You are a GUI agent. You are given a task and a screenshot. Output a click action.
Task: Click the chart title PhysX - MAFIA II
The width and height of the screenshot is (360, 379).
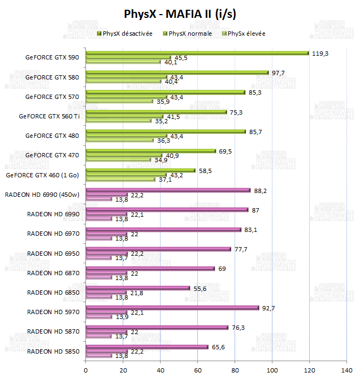click(180, 12)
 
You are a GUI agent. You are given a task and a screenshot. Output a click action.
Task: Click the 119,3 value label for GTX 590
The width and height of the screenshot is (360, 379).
click(321, 54)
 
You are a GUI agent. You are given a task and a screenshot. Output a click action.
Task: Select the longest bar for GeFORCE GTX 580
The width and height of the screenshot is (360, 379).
click(177, 72)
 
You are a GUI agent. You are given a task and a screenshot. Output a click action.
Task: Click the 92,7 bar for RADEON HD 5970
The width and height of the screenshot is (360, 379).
click(172, 308)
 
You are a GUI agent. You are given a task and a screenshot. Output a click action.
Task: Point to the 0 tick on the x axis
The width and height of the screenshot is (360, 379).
click(86, 370)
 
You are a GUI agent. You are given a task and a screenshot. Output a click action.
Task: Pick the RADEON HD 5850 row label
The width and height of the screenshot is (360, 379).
click(53, 351)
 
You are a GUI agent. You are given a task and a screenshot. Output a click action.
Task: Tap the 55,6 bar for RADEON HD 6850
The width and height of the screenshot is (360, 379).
click(138, 288)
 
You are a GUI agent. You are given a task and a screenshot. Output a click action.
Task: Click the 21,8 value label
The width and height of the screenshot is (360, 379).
click(138, 292)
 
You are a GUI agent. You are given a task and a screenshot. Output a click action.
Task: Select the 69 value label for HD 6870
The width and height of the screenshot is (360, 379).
click(222, 269)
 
